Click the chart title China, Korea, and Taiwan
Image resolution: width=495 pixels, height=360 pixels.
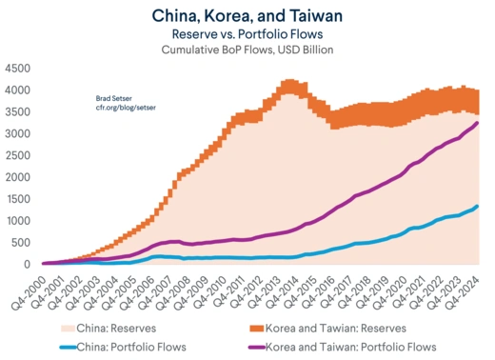tap(247, 15)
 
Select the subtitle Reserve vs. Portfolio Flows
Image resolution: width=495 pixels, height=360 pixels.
tap(247, 33)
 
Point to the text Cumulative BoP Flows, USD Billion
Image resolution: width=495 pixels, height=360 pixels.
tap(247, 50)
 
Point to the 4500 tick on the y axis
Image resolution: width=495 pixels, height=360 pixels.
tap(18, 70)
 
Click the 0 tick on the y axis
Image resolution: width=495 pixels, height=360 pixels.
tap(29, 264)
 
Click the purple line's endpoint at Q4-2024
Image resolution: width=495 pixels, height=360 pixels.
tap(477, 123)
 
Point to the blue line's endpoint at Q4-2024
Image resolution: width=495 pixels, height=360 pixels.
tap(477, 206)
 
